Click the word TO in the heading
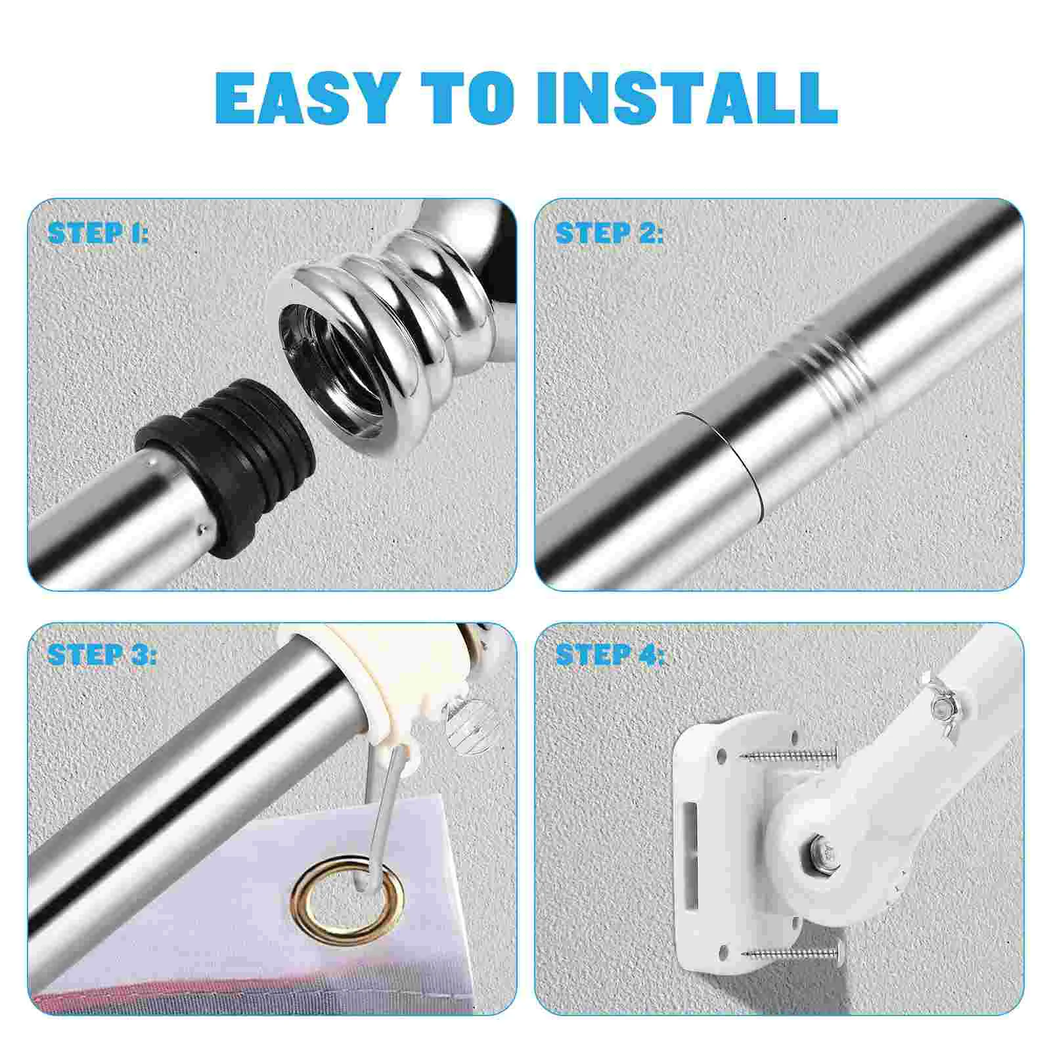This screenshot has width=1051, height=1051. coord(467,98)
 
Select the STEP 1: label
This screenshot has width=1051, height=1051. coord(98,233)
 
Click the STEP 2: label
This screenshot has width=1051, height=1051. coord(609,233)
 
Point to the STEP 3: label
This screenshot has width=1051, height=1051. coord(102,654)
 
